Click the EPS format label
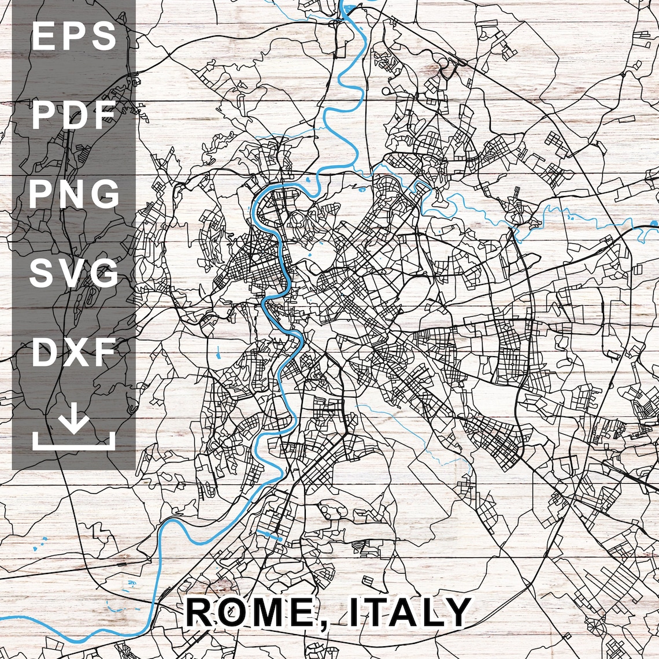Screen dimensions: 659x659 pyautogui.click(x=74, y=36)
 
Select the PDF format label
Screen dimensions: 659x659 pyautogui.click(x=74, y=115)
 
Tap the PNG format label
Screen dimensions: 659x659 pyautogui.click(x=74, y=194)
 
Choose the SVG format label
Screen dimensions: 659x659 pyautogui.click(x=74, y=273)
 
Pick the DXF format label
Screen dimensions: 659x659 pyautogui.click(x=74, y=352)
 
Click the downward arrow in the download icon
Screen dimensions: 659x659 pyautogui.click(x=74, y=423)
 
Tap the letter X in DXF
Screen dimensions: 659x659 pyautogui.click(x=74, y=352)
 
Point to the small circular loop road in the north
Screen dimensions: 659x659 pyautogui.click(x=386, y=91)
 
